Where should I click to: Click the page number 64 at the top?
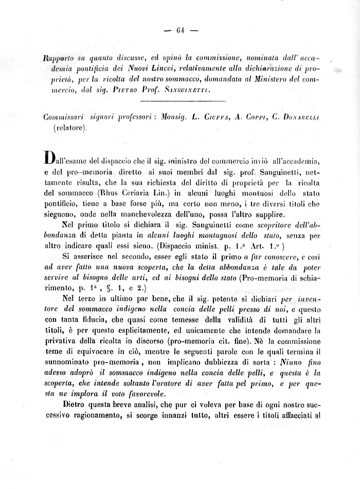180,30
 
